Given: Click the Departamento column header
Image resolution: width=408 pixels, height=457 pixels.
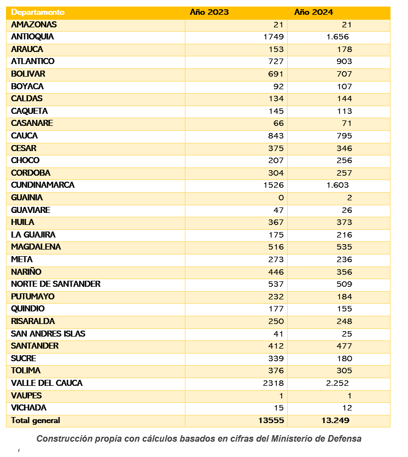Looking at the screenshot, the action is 38,12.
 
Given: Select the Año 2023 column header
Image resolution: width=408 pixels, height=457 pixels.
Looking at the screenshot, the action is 209,12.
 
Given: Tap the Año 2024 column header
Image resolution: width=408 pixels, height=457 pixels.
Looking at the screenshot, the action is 313,12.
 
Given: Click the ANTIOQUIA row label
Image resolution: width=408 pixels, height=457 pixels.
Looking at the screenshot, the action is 32,37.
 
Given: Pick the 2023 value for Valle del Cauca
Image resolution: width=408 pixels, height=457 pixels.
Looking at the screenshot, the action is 273,383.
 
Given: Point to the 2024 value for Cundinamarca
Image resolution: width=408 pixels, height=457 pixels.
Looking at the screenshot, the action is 337,185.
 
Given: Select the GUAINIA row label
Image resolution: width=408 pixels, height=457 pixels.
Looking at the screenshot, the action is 27,198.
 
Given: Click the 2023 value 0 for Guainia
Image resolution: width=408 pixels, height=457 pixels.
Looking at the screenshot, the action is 281,198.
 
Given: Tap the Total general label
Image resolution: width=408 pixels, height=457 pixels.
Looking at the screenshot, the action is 35,420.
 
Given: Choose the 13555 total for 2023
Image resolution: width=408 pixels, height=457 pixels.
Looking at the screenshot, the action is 271,420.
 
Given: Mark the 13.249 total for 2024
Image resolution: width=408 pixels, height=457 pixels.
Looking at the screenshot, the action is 335,420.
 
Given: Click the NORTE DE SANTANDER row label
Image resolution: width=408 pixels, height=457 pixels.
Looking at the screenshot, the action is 56,284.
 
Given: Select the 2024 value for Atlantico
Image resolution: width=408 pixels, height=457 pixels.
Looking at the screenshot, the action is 344,61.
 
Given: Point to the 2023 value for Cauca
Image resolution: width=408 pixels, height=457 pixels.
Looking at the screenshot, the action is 276,136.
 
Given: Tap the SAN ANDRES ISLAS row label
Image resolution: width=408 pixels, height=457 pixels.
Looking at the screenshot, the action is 48,334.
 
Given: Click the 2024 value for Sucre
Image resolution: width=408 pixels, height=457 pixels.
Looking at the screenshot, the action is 344,358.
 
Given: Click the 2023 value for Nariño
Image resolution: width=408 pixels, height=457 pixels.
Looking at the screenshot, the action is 276,272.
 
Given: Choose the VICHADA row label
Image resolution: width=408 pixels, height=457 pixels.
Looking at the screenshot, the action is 28,408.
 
